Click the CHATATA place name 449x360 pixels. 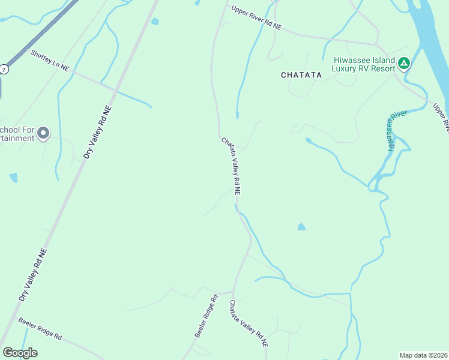pyautogui.click(x=301, y=75)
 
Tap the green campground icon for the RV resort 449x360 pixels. pyautogui.click(x=404, y=62)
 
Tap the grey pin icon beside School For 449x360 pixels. pyautogui.click(x=43, y=133)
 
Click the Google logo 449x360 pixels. pyautogui.click(x=20, y=352)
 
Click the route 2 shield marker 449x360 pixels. pyautogui.click(x=4, y=69)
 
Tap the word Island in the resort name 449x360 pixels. pyautogui.click(x=379, y=60)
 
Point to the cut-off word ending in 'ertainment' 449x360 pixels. pyautogui.click(x=17, y=139)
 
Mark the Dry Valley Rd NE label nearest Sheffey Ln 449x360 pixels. pyautogui.click(x=97, y=131)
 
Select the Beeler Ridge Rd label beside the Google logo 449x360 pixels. pyautogui.click(x=40, y=329)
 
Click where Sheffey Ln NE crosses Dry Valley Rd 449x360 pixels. pyautogui.click(x=116, y=89)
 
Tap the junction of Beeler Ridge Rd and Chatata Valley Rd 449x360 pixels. pyautogui.click(x=232, y=293)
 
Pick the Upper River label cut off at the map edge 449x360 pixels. pyautogui.click(x=441, y=118)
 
